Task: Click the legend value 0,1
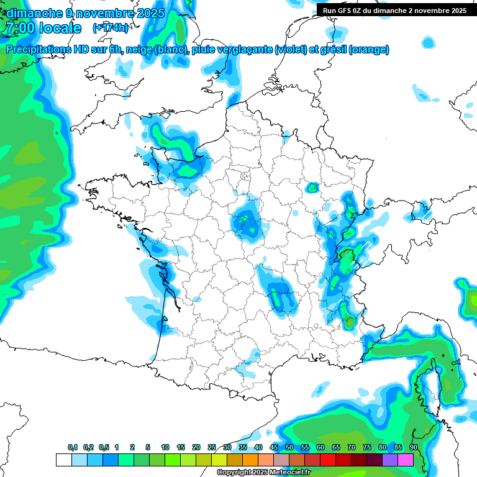tap(73, 447)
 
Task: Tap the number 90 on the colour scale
tap(413, 447)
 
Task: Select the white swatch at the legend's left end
tap(63, 460)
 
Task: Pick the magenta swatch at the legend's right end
tap(406, 460)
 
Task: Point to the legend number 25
tap(212, 447)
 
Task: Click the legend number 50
tap(289, 447)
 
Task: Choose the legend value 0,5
tap(104, 447)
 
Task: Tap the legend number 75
tap(367, 447)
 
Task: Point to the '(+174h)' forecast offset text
tap(111, 28)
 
